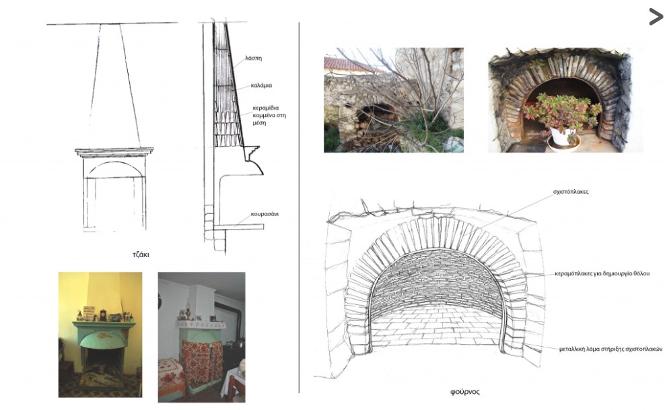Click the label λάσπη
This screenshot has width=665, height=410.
pos(253,58)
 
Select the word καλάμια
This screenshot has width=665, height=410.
pos(261,86)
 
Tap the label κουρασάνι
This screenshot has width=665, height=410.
pos(265,214)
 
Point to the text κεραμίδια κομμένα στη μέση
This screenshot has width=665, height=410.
pos(269,115)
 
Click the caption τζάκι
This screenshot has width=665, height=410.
pos(141,254)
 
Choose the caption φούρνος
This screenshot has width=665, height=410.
pos(465,392)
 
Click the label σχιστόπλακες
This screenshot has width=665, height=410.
pos(571,192)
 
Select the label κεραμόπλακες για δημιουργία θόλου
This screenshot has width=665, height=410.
pos(602,274)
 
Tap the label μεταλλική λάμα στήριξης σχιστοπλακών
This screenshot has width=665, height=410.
pos(610,349)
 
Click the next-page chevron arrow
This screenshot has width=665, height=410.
pos(656,17)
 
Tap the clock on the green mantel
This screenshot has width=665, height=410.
pos(103,315)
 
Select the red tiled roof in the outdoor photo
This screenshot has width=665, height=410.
pos(348,65)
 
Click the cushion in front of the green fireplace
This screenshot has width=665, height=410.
pos(102,376)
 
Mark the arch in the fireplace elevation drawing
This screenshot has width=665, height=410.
pos(115,163)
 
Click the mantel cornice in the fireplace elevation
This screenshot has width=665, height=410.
pos(114,151)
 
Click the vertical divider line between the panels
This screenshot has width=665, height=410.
pos(299,208)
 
